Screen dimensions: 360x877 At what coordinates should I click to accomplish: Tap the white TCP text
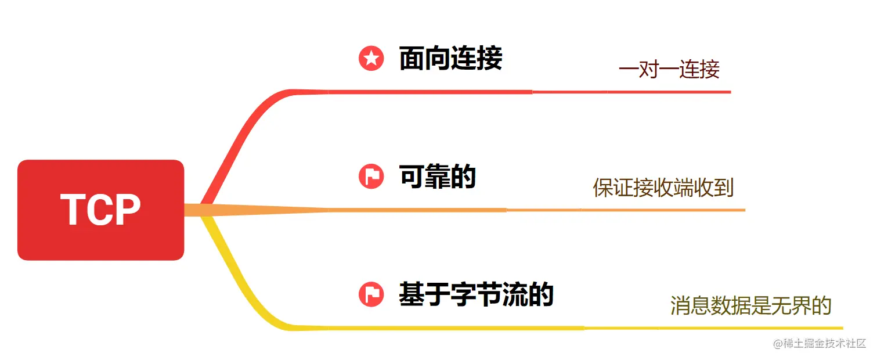pyautogui.click(x=100, y=210)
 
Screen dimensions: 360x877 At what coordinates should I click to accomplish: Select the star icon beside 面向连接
pyautogui.click(x=371, y=59)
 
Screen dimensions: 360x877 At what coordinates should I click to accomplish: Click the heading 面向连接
pyautogui.click(x=450, y=59)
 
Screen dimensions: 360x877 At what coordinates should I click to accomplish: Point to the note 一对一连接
pyautogui.click(x=669, y=70)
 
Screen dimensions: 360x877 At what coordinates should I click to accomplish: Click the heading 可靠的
pyautogui.click(x=438, y=176)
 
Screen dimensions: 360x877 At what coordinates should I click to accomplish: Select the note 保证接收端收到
pyautogui.click(x=663, y=188)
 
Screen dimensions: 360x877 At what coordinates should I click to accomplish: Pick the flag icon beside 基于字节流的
pyautogui.click(x=371, y=294)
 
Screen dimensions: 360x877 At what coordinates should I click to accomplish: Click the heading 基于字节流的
pyautogui.click(x=476, y=294)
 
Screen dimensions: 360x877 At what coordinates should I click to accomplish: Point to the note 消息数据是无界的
pyautogui.click(x=751, y=305)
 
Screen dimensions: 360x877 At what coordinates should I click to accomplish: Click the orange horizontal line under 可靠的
pyautogui.click(x=406, y=210)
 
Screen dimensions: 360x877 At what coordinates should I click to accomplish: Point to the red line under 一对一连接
pyautogui.click(x=667, y=92)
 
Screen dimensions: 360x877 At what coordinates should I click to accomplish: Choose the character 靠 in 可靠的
pyautogui.click(x=438, y=176)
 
